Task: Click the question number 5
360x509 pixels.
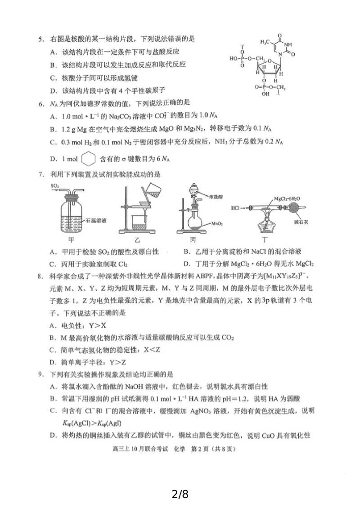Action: [40, 40]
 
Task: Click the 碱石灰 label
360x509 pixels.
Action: [298, 222]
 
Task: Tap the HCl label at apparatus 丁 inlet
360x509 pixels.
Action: [236, 208]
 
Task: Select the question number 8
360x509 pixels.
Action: [40, 275]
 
